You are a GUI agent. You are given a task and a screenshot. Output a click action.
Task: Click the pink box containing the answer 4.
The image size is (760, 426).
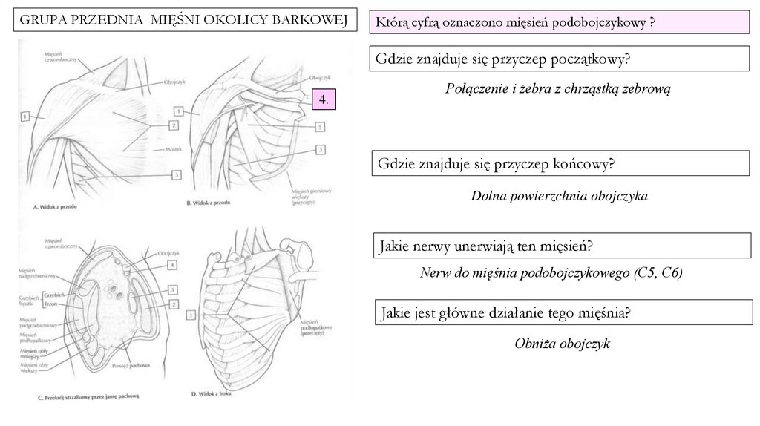324,99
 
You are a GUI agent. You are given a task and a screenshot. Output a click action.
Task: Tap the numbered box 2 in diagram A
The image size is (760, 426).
173,126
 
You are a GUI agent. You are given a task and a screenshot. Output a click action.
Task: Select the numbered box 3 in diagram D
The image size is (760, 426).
191,315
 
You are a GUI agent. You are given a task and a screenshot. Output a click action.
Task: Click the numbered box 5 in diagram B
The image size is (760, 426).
319,127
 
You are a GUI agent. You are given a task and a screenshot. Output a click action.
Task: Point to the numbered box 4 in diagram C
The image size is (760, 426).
173,264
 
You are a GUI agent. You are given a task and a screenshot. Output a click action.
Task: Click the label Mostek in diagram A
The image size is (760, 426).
174,150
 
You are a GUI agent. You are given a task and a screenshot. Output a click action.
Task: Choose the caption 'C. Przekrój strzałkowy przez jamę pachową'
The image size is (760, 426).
87,396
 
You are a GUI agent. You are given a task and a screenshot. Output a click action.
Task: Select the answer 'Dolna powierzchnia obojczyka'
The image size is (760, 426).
560,197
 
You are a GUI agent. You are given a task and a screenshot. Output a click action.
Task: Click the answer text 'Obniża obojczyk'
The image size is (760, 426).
562,344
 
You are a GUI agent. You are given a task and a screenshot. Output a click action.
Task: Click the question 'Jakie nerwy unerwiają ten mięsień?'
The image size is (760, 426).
490,246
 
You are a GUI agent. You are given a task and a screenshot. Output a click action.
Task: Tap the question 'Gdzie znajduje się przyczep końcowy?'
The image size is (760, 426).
496,163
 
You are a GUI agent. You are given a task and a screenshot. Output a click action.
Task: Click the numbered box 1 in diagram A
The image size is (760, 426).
24,116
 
